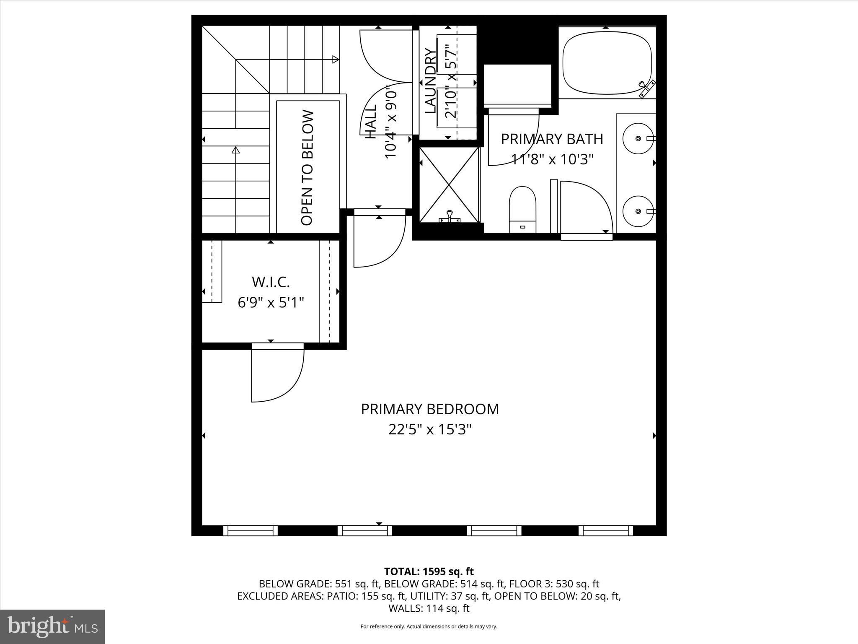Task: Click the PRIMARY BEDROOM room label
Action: [x=430, y=409]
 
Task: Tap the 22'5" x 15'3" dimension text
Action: [x=430, y=430]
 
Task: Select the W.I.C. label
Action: [x=271, y=282]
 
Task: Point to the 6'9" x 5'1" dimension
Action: [x=271, y=302]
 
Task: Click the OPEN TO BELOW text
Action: [x=308, y=168]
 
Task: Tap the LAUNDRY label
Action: [x=430, y=81]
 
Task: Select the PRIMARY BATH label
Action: [x=552, y=139]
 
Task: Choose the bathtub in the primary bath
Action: [x=607, y=62]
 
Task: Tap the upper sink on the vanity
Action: [x=638, y=138]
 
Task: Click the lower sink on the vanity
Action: [x=638, y=211]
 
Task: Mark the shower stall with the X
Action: [x=449, y=184]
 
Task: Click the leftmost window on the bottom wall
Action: [x=250, y=531]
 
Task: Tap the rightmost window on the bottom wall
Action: [x=606, y=531]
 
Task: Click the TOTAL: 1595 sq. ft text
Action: [x=429, y=571]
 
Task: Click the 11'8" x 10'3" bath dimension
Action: [x=552, y=159]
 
